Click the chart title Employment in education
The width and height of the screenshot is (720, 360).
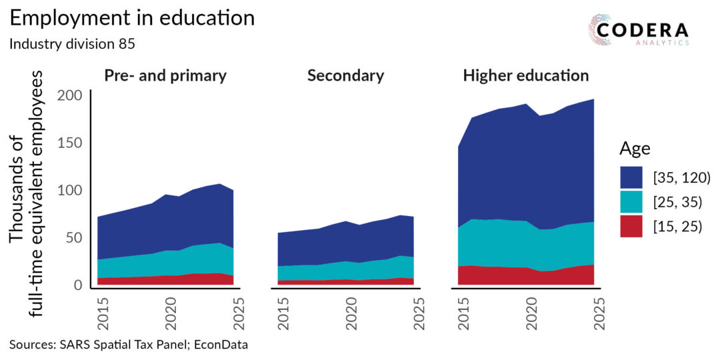pyautogui.click(x=132, y=19)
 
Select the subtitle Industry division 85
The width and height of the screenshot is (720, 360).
pyautogui.click(x=71, y=45)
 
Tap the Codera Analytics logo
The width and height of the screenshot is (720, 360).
pyautogui.click(x=639, y=30)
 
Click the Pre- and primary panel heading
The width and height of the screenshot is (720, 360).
pyautogui.click(x=165, y=76)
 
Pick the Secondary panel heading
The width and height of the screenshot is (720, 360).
pyautogui.click(x=345, y=76)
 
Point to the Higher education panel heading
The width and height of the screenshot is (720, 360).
pyautogui.click(x=526, y=76)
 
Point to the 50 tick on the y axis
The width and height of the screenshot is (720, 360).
pyautogui.click(x=74, y=238)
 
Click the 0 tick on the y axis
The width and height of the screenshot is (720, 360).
pyautogui.click(x=78, y=285)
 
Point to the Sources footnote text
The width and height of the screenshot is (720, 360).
pyautogui.click(x=129, y=345)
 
